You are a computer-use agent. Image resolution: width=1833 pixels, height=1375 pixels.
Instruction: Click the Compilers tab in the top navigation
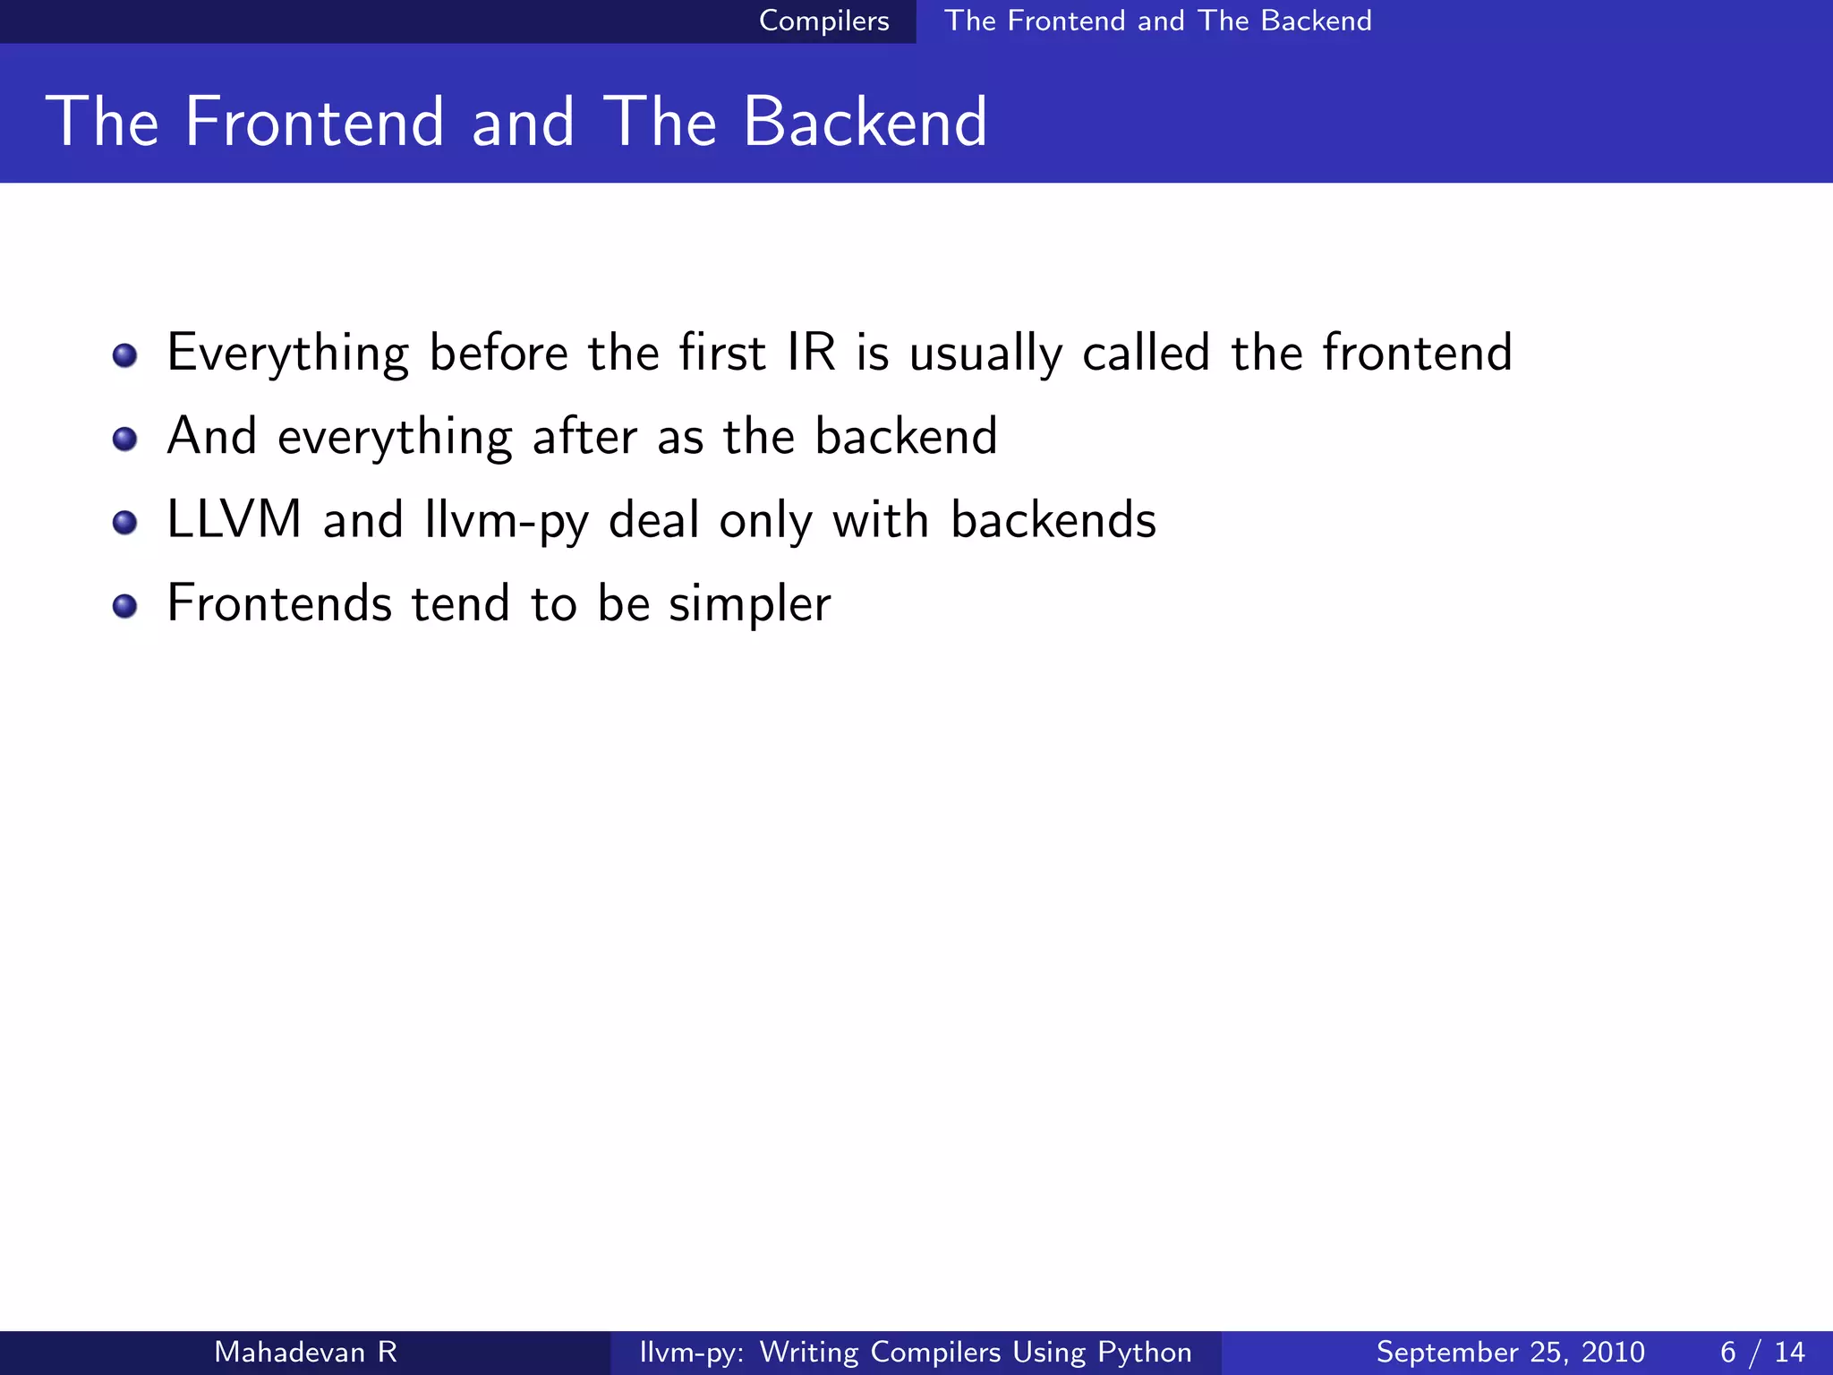point(823,21)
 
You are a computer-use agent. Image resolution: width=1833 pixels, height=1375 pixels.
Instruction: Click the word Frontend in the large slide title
point(314,122)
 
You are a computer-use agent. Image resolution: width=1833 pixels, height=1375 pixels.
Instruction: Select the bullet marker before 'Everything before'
point(125,355)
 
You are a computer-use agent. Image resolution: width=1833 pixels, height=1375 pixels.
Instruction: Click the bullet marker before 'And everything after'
point(125,439)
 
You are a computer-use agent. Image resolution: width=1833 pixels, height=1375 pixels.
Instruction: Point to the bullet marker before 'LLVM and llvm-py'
point(125,522)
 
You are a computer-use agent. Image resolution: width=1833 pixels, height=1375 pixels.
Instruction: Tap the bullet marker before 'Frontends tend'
point(125,606)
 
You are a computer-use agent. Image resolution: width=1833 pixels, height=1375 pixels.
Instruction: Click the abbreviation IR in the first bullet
point(811,352)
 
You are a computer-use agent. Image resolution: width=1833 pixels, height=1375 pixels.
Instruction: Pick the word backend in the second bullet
point(906,436)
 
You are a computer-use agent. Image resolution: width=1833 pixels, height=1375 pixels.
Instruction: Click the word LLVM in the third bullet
point(234,519)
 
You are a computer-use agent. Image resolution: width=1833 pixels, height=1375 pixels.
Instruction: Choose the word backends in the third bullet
point(1053,519)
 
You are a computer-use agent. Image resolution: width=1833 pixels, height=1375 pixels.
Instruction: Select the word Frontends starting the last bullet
point(279,602)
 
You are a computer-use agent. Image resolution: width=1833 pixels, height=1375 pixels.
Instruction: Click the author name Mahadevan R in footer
point(305,1352)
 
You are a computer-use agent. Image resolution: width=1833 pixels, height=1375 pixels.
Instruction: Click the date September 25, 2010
point(1510,1352)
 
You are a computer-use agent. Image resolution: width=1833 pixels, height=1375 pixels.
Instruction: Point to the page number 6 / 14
point(1761,1352)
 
